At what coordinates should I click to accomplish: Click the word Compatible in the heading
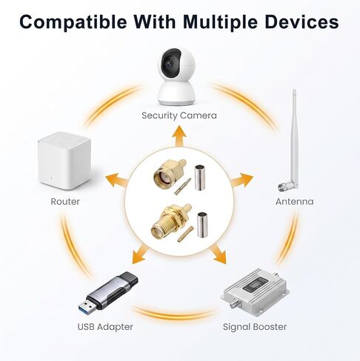(x=73, y=22)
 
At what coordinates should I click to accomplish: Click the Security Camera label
(x=179, y=115)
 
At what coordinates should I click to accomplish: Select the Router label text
(x=65, y=201)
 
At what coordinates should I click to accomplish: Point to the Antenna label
(x=295, y=201)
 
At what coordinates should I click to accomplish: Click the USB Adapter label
(x=105, y=327)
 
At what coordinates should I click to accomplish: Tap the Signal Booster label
(x=255, y=327)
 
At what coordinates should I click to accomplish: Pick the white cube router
(x=64, y=161)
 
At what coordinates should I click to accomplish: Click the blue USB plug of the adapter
(x=87, y=308)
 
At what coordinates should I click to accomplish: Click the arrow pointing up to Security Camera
(x=179, y=136)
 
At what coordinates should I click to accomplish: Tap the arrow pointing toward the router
(x=116, y=180)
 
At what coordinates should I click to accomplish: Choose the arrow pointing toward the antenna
(x=242, y=180)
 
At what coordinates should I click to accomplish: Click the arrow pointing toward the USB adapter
(x=140, y=254)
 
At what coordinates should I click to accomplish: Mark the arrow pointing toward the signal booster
(x=218, y=254)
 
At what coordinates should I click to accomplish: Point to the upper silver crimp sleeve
(x=200, y=178)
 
